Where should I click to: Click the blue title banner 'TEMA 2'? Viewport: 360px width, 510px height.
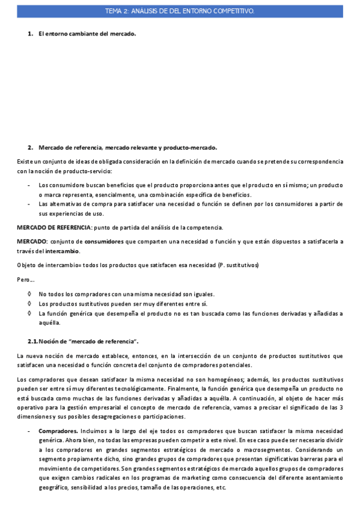180,11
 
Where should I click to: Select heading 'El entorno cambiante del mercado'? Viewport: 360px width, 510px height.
87,34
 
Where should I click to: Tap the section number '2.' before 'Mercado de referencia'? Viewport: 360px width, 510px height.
30,147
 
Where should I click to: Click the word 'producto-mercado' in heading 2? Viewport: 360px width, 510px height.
191,147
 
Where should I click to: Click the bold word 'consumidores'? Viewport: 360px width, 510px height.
105,241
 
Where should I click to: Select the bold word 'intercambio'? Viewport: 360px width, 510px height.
59,251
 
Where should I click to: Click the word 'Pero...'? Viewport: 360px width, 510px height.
25,279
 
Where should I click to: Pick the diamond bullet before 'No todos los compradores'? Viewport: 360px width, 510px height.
30,294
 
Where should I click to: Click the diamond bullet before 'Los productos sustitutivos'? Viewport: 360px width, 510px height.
30,304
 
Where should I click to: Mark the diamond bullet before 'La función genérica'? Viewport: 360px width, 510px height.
30,313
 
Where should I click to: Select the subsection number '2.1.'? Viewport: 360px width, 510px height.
33,342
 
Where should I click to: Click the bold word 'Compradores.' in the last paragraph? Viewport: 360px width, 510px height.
58,431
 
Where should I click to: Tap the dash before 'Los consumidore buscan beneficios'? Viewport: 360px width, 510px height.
29,185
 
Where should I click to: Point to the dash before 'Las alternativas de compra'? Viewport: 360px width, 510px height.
29,204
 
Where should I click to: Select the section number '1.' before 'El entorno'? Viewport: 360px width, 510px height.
30,34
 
